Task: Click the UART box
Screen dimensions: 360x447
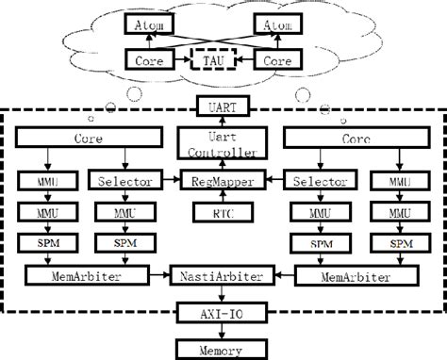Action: [223, 107]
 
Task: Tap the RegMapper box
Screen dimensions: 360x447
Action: [223, 178]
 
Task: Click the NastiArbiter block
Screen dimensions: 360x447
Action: [223, 276]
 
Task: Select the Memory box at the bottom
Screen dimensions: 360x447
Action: [223, 350]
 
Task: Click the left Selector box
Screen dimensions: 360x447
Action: [120, 178]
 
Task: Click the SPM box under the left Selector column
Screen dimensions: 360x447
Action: [120, 243]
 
